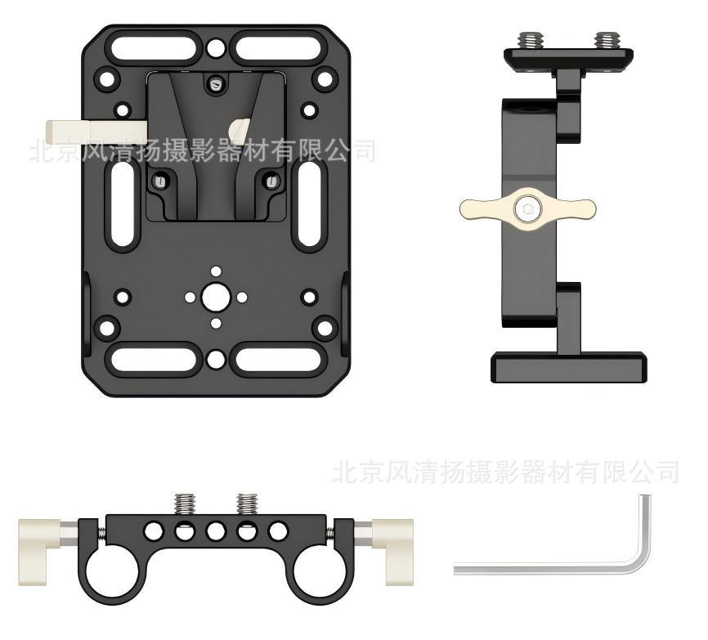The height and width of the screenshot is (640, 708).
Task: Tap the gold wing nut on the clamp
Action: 527,209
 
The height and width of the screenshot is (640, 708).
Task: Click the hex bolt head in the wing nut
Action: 527,209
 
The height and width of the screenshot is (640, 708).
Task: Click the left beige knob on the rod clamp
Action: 40,552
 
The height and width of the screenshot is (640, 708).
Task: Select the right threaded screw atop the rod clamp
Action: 247,504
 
